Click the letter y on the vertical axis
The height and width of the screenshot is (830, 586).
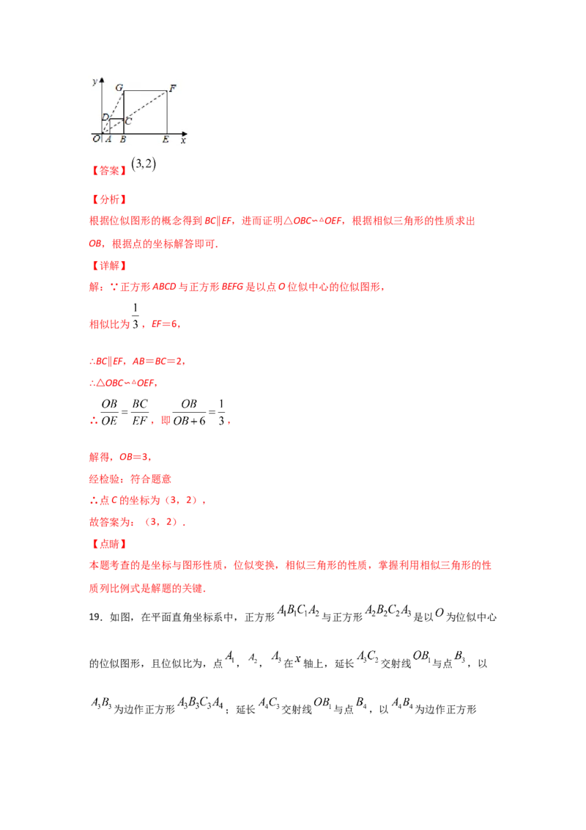(x=94, y=81)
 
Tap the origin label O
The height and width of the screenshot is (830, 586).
(x=96, y=139)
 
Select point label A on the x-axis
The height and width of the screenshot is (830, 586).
(x=108, y=139)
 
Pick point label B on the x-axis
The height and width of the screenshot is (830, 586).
(x=122, y=139)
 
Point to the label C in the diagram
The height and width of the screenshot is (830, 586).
(x=128, y=121)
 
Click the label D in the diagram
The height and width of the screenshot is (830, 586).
(x=105, y=117)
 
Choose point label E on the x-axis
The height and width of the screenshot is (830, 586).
(x=166, y=139)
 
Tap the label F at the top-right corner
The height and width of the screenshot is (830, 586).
(x=172, y=89)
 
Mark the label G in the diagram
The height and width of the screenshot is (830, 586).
(x=119, y=87)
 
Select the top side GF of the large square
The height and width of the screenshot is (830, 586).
(x=145, y=91)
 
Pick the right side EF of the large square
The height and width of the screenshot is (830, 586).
(x=167, y=112)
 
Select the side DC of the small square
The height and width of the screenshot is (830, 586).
(x=116, y=119)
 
